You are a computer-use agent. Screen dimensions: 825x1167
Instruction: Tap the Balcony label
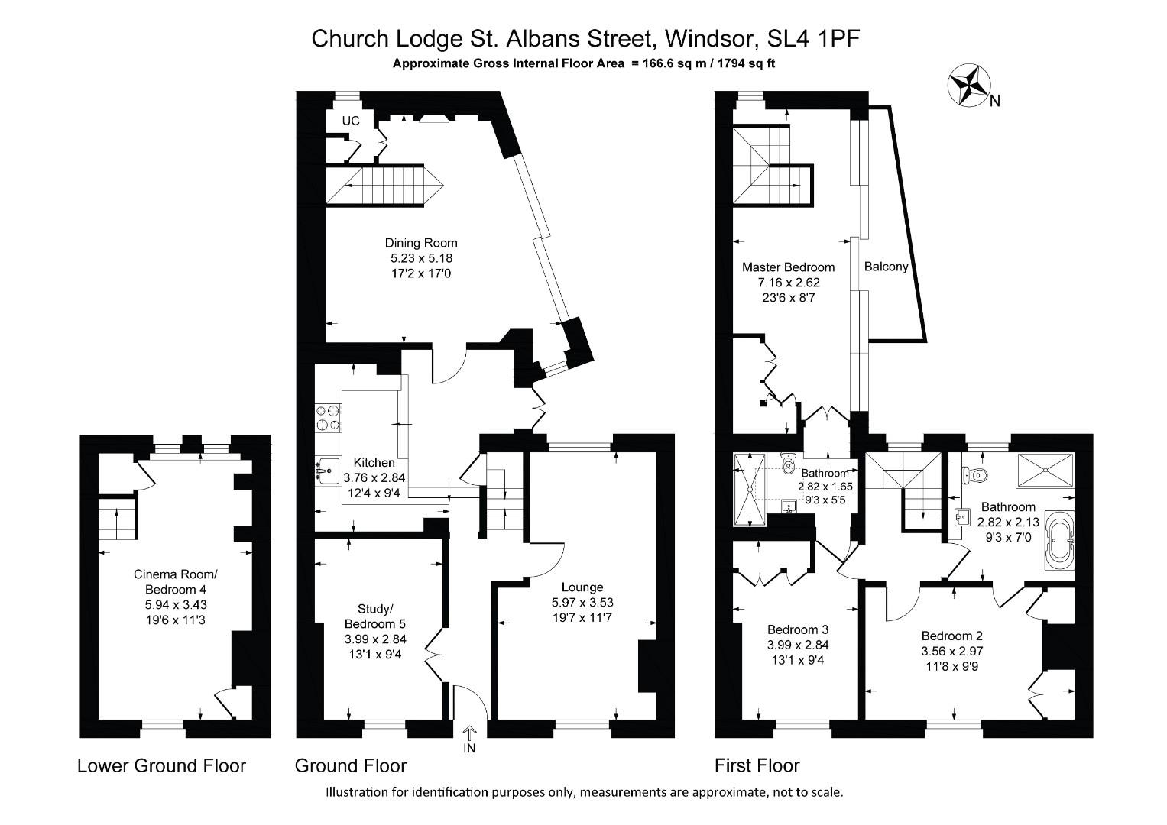886,267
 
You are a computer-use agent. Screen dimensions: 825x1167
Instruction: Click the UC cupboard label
351,121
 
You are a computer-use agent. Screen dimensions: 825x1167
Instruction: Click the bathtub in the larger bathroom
1059,542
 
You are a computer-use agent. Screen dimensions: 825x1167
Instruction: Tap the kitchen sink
327,471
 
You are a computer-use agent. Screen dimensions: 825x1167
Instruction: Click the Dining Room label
421,243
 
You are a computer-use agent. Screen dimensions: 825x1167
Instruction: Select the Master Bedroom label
788,267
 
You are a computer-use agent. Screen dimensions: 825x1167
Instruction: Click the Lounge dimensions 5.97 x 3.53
582,602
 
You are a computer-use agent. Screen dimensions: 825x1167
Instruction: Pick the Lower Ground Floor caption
161,765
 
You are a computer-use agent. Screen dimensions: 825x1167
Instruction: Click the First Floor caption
757,765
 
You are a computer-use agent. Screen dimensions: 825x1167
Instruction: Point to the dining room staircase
385,186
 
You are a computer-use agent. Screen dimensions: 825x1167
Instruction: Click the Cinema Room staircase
118,522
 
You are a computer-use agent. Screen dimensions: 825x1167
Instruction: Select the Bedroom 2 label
951,636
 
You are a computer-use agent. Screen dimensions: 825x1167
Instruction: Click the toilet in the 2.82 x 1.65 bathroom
789,461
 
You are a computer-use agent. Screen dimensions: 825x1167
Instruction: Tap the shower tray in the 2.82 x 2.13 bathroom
1045,471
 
